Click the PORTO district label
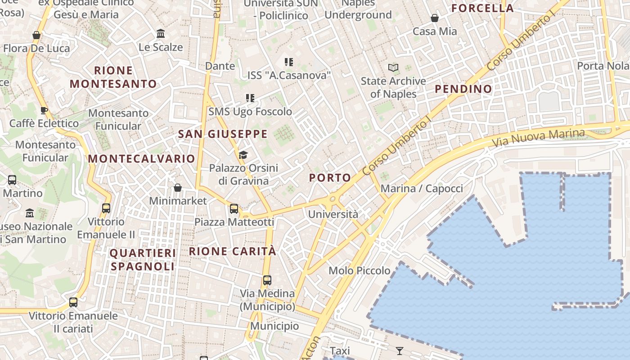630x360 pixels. click(330, 178)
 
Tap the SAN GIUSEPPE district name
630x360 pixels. click(223, 134)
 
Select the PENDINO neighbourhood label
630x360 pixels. click(463, 89)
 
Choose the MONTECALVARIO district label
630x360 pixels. click(141, 159)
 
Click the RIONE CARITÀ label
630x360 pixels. click(232, 252)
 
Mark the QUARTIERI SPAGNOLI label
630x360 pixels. click(143, 260)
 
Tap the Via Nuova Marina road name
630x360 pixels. click(538, 138)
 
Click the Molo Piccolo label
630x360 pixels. click(360, 270)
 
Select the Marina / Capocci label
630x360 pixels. click(422, 189)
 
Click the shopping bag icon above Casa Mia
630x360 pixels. click(435, 18)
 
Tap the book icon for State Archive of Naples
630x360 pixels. click(393, 68)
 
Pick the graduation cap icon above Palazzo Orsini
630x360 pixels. click(243, 155)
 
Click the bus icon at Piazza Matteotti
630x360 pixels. click(234, 208)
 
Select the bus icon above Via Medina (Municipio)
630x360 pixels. click(267, 280)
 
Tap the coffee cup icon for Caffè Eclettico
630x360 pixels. click(44, 110)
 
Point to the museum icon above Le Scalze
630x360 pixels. click(161, 34)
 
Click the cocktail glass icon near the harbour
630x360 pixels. click(399, 351)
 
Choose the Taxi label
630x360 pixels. click(340, 351)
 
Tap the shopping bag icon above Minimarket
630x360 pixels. click(178, 188)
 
